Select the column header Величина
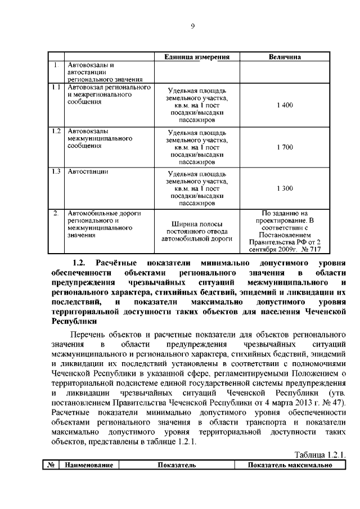tap(285, 57)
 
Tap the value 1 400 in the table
tap(285, 105)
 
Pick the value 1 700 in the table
tap(285, 147)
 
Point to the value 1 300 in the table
tap(285, 188)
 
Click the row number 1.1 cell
tap(56, 88)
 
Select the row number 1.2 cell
tap(56, 131)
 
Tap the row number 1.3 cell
tap(56, 171)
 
